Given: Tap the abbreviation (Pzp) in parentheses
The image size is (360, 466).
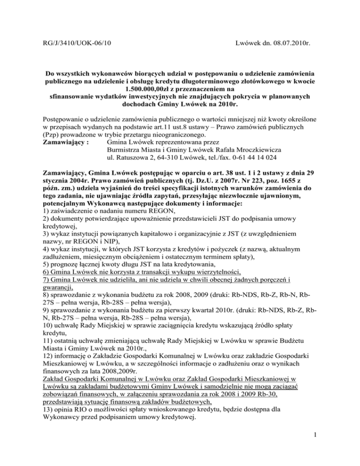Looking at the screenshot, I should coord(51,132).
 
